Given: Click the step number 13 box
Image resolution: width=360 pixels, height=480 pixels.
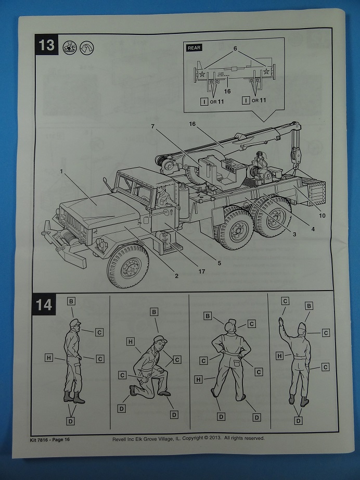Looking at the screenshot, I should point(47,45).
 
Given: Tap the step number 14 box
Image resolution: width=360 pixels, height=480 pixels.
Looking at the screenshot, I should point(44,304).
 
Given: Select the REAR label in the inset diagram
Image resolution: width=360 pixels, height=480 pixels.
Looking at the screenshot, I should point(194,48).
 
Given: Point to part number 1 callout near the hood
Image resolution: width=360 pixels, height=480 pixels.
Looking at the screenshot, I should point(61,171).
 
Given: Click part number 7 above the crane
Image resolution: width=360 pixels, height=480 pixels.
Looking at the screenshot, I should point(152,127).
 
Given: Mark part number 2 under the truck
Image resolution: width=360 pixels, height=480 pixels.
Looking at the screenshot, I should point(176,275).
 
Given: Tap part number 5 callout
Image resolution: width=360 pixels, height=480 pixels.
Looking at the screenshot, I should point(220,263).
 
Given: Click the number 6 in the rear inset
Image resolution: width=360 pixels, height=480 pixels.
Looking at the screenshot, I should point(235,48).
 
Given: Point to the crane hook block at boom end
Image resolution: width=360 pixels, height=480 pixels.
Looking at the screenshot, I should point(297,153).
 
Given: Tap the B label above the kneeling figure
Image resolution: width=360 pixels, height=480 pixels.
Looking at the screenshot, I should point(154,312).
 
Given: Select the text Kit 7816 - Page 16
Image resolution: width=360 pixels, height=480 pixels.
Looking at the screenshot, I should point(47,439).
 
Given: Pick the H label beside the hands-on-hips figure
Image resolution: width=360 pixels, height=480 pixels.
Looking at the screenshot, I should point(198,380).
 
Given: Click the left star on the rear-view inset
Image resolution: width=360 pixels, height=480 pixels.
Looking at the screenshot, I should point(201,73).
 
